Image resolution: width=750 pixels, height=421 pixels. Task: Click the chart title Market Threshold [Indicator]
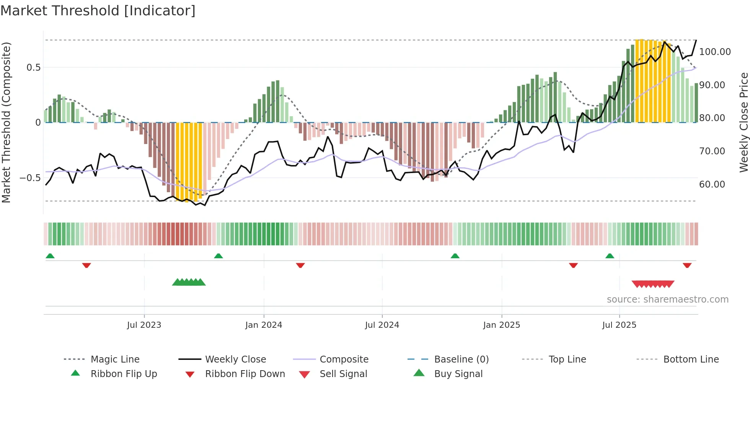click(x=98, y=11)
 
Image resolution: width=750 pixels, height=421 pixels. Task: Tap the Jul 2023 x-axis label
click(x=144, y=325)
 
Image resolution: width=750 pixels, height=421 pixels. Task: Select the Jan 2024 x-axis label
click(x=264, y=325)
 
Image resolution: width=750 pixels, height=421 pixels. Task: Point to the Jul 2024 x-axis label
click(x=382, y=325)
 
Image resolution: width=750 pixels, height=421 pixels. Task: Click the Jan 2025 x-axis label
click(x=502, y=325)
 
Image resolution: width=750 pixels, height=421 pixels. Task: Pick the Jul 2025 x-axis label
click(x=619, y=325)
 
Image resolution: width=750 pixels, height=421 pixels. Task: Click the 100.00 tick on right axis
click(x=715, y=52)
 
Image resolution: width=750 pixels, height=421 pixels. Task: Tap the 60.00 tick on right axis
click(x=712, y=185)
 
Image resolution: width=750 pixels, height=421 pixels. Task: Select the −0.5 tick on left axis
click(x=30, y=178)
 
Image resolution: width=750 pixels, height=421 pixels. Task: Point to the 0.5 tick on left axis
click(x=33, y=68)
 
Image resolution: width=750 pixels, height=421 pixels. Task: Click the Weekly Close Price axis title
click(x=743, y=122)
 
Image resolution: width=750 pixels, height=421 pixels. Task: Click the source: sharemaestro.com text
click(x=667, y=300)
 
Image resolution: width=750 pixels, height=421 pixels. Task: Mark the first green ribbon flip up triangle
click(x=50, y=256)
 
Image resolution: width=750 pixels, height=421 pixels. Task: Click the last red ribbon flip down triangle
click(x=687, y=265)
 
